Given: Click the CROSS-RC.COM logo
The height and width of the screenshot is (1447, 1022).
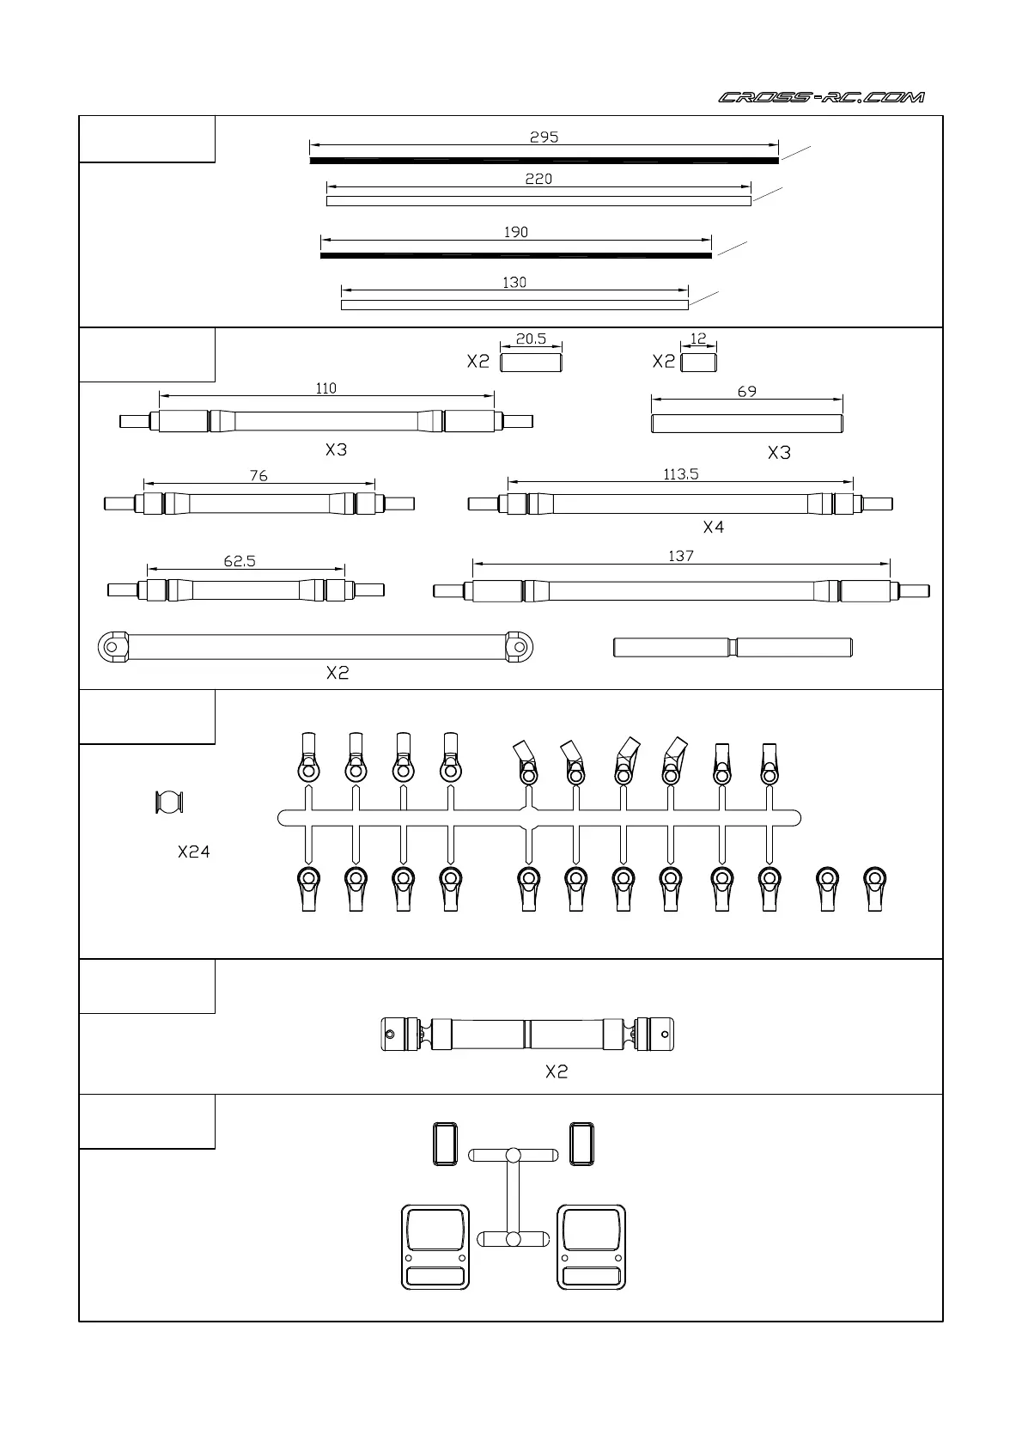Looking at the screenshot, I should point(821,97).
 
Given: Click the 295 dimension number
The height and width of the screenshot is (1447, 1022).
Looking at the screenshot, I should point(544,137).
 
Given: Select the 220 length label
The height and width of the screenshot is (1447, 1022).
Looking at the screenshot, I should point(538,179).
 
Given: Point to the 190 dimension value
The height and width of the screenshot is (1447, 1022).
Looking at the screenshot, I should point(515,232).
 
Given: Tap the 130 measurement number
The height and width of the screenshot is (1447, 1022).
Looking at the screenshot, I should point(514,282).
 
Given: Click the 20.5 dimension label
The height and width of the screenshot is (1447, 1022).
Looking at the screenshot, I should point(531,339).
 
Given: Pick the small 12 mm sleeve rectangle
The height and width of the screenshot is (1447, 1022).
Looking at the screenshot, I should point(698,363).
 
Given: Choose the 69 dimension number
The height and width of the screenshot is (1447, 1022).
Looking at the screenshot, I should point(746,391).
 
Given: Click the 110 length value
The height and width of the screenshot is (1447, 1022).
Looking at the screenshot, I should point(325,388).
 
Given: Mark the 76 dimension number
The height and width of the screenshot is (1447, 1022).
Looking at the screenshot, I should point(259,475).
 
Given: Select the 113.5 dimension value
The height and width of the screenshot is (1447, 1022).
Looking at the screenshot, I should point(680,473).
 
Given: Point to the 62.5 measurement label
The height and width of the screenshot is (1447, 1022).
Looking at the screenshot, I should point(240,561).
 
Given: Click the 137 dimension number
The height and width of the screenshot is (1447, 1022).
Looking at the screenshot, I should point(680,556).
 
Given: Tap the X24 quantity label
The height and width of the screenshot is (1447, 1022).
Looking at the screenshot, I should point(194,852).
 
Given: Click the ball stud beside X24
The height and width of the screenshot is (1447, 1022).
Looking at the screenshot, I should point(169,802).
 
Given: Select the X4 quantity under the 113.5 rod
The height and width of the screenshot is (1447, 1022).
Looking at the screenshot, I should point(713,528).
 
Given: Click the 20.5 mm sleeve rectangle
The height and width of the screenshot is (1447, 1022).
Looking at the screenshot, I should point(531,363).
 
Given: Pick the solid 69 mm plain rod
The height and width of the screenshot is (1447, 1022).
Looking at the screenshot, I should point(746,423).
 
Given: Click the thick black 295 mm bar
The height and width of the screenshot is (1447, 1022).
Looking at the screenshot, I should point(544,161).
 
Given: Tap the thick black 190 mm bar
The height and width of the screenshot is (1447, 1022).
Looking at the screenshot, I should point(515,255).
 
